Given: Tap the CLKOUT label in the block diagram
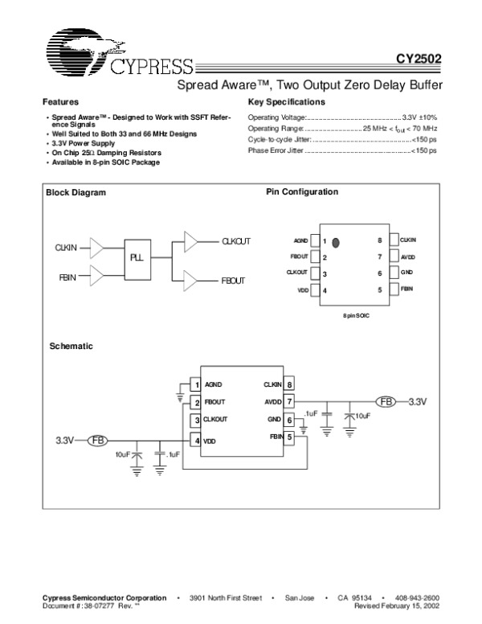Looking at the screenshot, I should (x=236, y=241).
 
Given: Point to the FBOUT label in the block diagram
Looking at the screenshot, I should (x=233, y=281).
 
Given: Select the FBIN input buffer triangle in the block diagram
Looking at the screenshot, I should (x=96, y=277).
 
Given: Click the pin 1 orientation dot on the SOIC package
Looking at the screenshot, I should (x=336, y=240).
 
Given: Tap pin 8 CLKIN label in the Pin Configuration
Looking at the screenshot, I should (x=408, y=240).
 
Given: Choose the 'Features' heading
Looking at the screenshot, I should (x=60, y=103).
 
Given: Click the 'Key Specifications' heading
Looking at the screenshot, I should (x=287, y=103).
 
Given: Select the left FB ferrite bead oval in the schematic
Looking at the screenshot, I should (x=98, y=440).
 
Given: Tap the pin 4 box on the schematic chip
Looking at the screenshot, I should (x=194, y=440).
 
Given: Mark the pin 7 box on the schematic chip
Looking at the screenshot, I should (x=289, y=400).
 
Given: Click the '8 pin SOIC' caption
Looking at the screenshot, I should (x=356, y=315).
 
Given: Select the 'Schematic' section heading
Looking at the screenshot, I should (x=71, y=347).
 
